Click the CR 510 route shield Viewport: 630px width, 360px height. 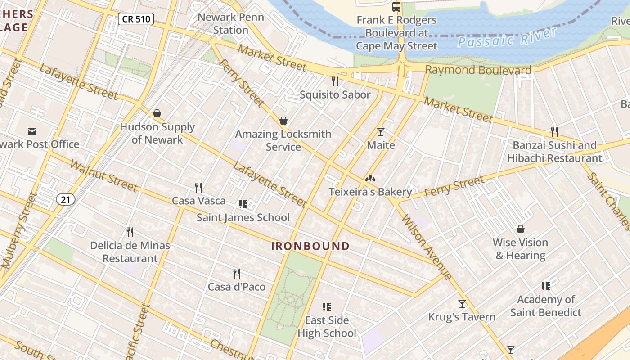136,19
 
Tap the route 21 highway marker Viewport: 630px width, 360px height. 66,199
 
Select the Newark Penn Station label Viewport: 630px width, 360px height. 230,24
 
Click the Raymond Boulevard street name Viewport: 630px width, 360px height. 478,70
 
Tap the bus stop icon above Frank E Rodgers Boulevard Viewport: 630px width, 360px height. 396,7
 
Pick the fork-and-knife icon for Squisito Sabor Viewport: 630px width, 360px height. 335,81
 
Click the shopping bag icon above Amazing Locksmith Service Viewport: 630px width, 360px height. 283,121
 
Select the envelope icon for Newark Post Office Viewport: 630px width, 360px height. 32,131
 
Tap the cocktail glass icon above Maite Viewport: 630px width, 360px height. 381,132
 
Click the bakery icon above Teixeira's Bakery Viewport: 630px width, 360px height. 370,179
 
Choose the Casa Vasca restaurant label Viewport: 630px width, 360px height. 198,201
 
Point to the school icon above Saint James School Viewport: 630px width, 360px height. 243,204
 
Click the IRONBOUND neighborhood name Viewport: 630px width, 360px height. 310,246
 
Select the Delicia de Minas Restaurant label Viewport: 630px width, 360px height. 130,252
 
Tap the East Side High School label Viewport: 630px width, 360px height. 327,327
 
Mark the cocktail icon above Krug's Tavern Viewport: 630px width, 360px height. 462,304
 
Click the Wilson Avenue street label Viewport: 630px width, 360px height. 426,247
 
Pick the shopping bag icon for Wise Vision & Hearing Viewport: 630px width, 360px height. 521,229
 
